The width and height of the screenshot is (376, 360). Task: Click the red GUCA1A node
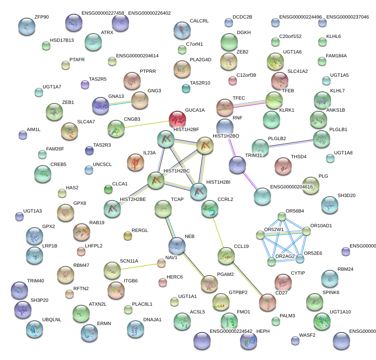177,119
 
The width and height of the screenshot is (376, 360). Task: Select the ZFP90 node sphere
27,27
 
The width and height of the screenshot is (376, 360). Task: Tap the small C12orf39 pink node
233,80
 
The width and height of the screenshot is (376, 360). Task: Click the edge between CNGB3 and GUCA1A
147,123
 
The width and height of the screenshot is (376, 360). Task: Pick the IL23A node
135,162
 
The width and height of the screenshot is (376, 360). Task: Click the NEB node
177,246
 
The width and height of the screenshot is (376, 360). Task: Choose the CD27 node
268,303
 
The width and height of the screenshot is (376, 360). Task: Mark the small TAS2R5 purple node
85,85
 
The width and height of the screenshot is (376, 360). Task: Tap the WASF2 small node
295,341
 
